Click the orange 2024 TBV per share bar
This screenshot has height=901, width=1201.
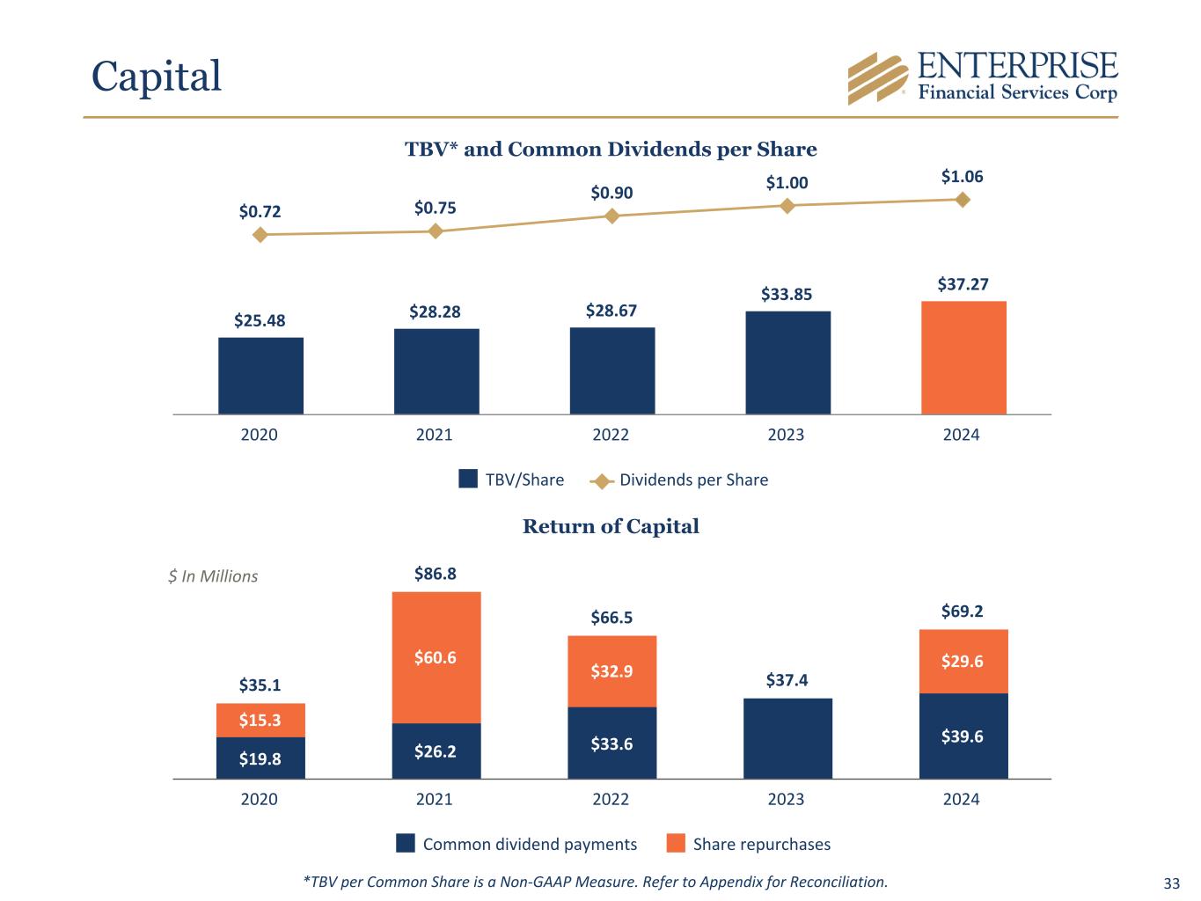(x=963, y=357)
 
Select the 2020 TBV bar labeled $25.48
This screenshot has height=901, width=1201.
(x=260, y=376)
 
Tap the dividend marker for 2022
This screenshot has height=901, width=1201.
(x=612, y=216)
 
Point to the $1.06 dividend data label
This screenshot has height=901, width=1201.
(x=962, y=177)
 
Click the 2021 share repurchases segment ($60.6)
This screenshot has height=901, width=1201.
(x=436, y=657)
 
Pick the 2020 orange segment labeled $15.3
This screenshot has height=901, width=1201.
(x=260, y=720)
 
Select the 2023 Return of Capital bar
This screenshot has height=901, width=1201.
(x=787, y=738)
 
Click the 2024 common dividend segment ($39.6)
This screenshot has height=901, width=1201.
(x=963, y=736)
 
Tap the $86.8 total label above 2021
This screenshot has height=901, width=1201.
(x=436, y=574)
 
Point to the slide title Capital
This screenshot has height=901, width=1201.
(x=157, y=76)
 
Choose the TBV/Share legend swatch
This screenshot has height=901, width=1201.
(x=468, y=479)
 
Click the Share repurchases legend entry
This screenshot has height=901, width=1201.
(x=748, y=844)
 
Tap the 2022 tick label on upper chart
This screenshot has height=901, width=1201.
(x=611, y=435)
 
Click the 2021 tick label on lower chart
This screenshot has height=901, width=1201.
(x=435, y=799)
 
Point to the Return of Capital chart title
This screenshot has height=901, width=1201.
(x=611, y=526)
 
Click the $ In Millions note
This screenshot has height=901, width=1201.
(x=213, y=576)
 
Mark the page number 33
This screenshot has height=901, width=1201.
(x=1171, y=883)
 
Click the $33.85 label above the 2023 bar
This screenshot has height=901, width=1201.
(x=787, y=294)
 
